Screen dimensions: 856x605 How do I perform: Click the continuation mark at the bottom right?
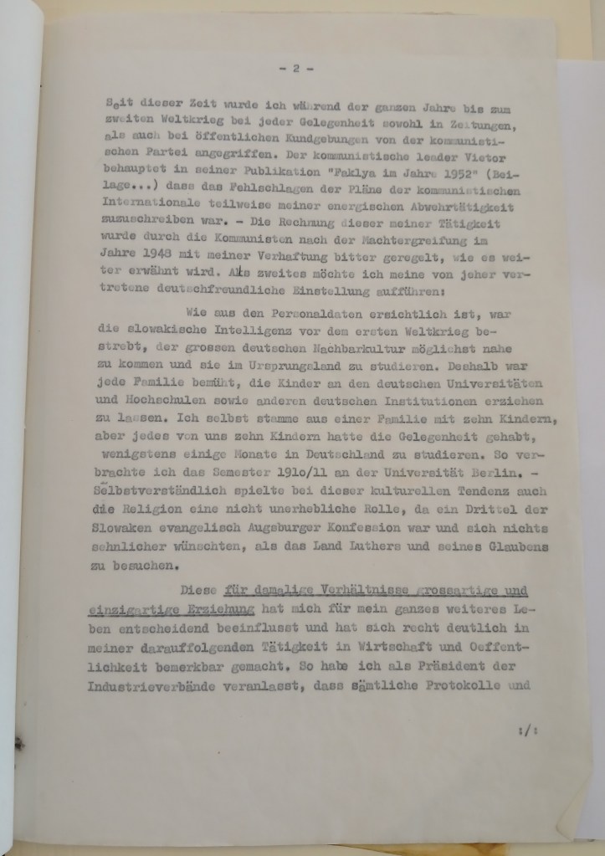[526, 730]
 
